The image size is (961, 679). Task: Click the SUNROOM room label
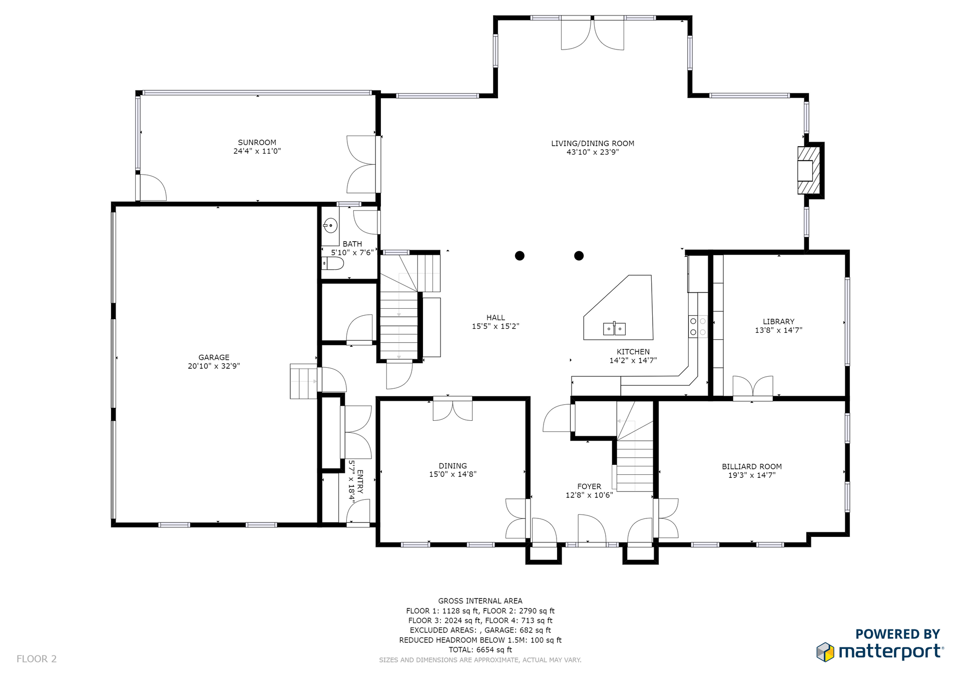[257, 143]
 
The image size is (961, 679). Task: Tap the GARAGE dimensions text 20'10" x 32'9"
[214, 366]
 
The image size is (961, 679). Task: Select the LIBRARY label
[778, 322]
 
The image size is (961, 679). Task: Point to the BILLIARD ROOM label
[752, 466]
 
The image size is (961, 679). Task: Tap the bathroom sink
[330, 226]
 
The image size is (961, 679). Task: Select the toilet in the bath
[333, 263]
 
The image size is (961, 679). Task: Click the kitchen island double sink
[614, 328]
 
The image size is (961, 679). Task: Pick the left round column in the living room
[520, 256]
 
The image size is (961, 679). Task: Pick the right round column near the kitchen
[579, 256]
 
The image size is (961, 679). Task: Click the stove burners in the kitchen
[698, 326]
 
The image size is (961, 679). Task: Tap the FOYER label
[589, 486]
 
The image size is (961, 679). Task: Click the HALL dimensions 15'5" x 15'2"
[496, 326]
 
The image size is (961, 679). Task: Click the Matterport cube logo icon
[825, 652]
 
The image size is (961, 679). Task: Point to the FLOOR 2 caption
[37, 659]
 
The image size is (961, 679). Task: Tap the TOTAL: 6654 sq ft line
[480, 649]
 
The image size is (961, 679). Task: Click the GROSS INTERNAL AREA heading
[480, 601]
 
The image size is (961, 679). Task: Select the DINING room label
[452, 466]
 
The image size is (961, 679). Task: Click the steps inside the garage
[303, 381]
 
